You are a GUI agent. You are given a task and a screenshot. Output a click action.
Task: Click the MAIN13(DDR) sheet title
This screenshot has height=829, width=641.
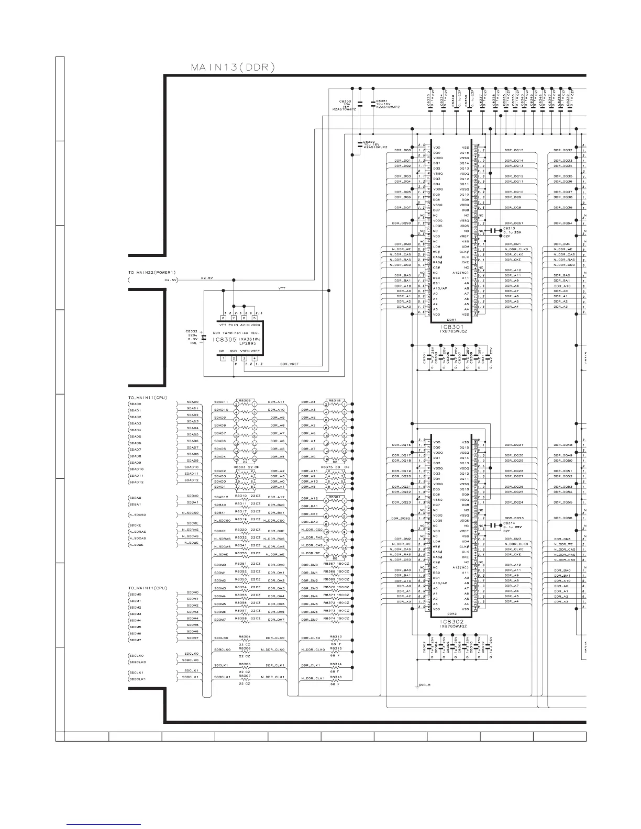[x=233, y=67]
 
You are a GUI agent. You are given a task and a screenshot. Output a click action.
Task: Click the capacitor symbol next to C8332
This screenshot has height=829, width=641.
[x=203, y=339]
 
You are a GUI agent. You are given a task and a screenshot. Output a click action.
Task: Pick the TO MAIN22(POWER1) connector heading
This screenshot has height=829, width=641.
[x=152, y=273]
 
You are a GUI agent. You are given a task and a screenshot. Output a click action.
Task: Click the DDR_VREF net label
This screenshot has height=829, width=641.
[x=289, y=364]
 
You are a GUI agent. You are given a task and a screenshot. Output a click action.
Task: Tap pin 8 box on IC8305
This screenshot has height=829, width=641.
[x=223, y=318]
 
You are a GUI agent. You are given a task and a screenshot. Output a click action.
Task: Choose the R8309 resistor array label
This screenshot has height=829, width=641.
[x=245, y=401]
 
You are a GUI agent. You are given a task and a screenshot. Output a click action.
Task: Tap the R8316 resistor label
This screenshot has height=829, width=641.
[x=336, y=677]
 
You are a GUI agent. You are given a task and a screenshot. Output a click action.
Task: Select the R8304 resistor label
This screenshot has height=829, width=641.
[x=245, y=637]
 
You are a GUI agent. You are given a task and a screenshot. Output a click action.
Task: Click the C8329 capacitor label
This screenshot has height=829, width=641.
[x=370, y=142]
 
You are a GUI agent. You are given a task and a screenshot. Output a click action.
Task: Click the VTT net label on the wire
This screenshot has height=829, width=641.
[x=282, y=288]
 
